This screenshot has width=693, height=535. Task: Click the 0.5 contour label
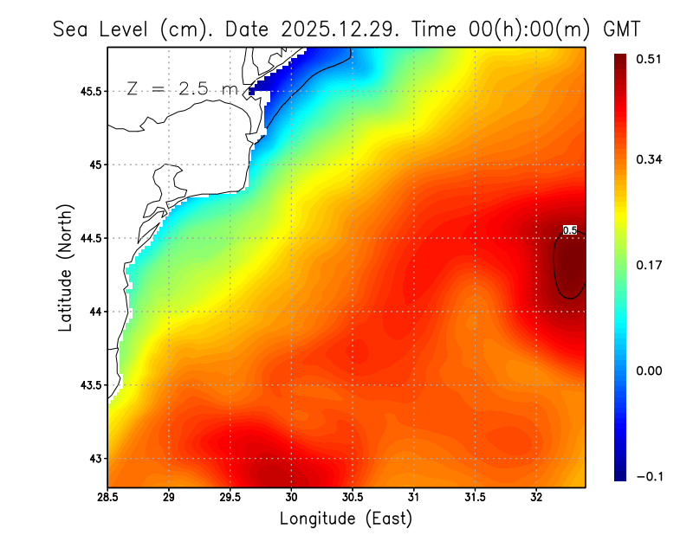569,230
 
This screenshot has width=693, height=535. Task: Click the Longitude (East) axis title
346,519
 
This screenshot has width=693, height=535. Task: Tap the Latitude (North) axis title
65,267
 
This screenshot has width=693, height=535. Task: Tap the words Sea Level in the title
103,29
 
